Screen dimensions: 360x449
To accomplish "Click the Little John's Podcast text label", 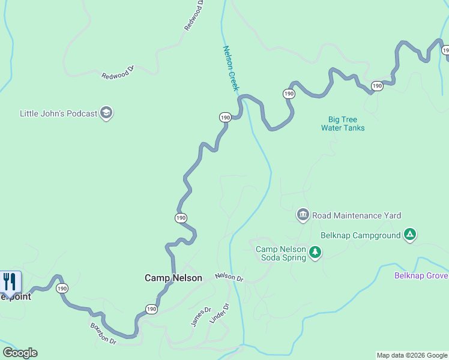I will point(58,113).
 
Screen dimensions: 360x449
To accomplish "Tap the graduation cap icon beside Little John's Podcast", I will point(106,113).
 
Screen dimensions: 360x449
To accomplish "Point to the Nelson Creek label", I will point(231,68).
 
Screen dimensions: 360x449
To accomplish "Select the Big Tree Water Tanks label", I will point(343,124).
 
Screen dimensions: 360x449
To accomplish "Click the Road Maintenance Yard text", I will point(356,215).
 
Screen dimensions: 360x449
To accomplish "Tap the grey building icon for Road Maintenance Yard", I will point(303,215).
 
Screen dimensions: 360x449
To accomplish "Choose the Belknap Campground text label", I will point(360,235).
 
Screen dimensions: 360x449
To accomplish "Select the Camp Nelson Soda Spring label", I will point(281,253).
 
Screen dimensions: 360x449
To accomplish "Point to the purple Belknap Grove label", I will point(421,275).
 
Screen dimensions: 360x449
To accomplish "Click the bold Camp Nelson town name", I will point(173,278).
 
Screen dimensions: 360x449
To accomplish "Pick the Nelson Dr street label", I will point(229,277).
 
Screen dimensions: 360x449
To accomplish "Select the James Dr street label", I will point(201,317).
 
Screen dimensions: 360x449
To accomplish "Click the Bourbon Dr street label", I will point(103,334).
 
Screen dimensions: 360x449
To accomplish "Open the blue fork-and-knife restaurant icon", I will point(10,281).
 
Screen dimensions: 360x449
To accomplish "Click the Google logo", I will point(20,353).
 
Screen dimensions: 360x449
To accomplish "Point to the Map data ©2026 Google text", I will point(412,355).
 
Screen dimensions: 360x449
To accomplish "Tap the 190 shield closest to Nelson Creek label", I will point(225,118).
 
